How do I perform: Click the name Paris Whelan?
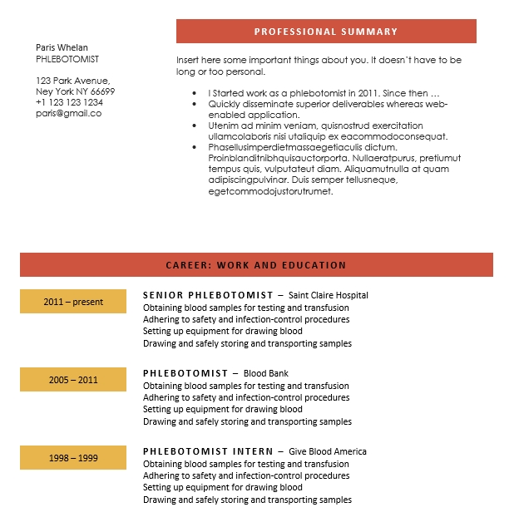click(62, 47)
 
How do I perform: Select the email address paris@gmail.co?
click(68, 113)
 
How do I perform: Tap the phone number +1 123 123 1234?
click(69, 102)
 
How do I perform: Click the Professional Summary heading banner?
click(326, 32)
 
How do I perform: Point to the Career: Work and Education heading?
click(256, 265)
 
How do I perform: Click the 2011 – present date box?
click(73, 302)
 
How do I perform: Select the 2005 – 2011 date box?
click(73, 380)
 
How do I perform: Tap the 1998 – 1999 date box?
click(73, 458)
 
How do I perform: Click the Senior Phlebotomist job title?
click(208, 295)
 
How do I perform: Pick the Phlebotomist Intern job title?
click(208, 451)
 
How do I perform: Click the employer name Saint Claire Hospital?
click(328, 295)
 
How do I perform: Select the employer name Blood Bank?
click(266, 373)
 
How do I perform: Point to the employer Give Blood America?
click(328, 451)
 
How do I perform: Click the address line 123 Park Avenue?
click(73, 81)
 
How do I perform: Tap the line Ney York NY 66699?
click(75, 91)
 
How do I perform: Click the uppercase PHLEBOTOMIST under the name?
click(67, 59)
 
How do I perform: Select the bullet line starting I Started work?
click(324, 93)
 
